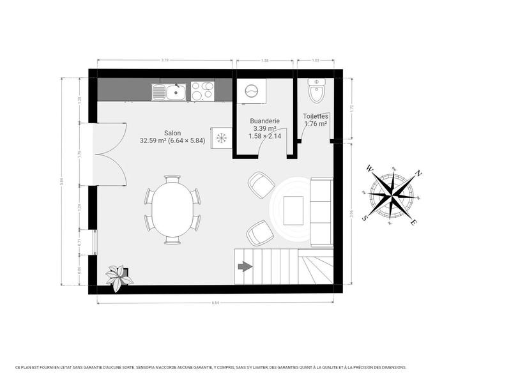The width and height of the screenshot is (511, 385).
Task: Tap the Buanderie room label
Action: point(264,120)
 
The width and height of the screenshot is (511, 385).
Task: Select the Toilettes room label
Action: point(316,116)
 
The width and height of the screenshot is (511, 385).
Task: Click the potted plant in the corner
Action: point(119,277)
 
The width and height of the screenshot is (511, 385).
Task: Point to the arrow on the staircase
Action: point(245,267)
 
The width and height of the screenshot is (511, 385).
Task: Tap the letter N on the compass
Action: point(418,173)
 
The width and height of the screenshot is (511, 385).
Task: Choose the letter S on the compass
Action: point(365,217)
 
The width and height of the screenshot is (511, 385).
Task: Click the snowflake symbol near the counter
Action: point(221,137)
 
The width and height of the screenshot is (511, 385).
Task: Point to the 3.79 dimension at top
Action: point(164,61)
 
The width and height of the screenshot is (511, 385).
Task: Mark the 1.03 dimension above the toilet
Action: point(315,61)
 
